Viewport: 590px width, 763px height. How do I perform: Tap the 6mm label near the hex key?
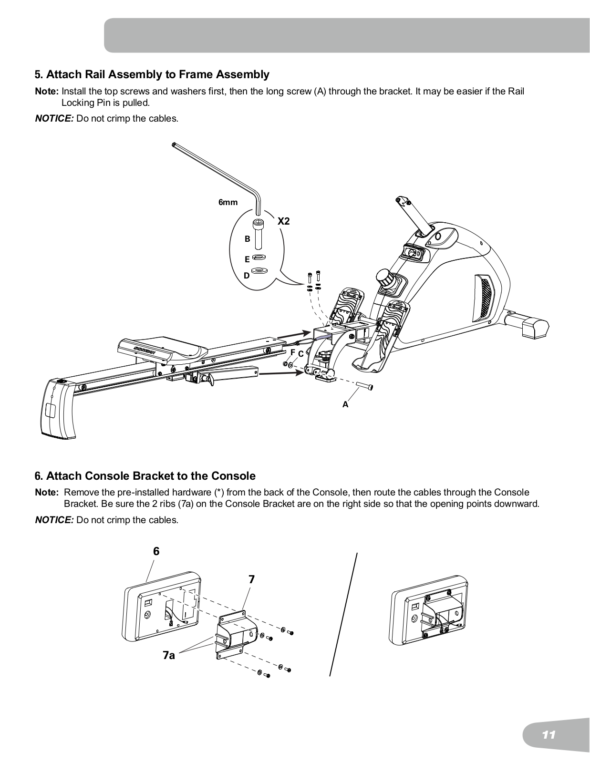228,202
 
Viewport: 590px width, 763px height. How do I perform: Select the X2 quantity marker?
284,221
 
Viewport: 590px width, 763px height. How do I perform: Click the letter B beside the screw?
247,239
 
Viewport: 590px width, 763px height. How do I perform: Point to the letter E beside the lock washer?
247,259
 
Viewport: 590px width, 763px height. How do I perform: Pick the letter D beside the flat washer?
247,276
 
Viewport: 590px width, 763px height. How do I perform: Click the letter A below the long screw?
345,404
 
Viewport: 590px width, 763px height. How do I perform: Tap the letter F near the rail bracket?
292,352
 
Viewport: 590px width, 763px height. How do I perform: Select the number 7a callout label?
169,656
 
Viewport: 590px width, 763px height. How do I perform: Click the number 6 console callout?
156,551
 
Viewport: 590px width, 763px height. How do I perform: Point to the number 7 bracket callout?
251,579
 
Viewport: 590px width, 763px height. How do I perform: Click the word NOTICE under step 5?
54,118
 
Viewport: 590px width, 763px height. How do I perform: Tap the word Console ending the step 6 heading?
233,476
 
